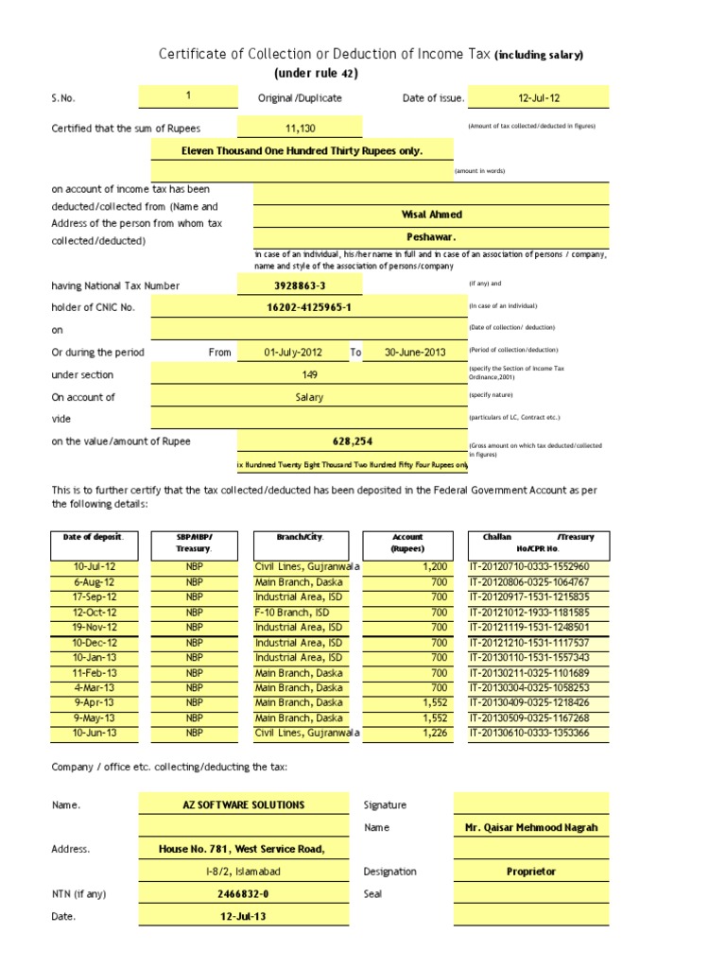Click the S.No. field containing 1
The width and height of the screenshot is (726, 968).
(x=188, y=96)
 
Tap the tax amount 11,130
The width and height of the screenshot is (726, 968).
(x=299, y=128)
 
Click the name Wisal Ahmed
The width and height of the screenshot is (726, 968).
(x=431, y=216)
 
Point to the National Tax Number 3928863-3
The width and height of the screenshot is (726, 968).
(x=299, y=285)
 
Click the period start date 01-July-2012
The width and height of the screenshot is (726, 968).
(x=292, y=353)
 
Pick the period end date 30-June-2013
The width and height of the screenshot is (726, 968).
(x=414, y=353)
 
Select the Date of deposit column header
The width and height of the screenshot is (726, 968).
(x=93, y=537)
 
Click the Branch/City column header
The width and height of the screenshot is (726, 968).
(x=300, y=537)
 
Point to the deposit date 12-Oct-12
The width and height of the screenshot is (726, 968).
(x=94, y=613)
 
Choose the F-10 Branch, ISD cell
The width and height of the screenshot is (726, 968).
(x=292, y=613)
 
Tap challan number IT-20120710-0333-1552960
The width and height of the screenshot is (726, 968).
(x=536, y=566)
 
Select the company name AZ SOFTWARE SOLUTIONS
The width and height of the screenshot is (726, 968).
(x=244, y=804)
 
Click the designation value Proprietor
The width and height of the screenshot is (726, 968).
(x=530, y=872)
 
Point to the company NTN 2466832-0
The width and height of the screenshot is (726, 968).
(x=244, y=893)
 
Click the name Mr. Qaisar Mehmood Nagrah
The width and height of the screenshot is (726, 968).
(x=530, y=827)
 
